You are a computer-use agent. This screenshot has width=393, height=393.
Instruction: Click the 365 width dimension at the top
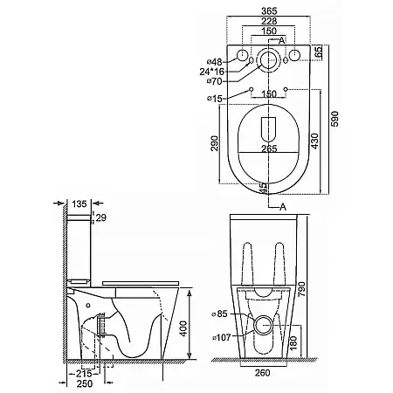269,11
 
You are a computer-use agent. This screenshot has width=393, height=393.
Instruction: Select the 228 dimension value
269,21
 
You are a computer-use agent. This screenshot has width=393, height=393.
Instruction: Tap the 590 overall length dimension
335,119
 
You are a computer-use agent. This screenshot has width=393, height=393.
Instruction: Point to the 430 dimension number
314,141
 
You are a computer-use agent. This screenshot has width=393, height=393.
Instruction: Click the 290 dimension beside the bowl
214,143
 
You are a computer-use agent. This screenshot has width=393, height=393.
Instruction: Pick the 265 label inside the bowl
269,148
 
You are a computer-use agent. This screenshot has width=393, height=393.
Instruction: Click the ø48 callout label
215,62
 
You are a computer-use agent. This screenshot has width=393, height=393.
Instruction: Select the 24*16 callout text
212,72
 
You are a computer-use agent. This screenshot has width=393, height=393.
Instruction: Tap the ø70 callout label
215,81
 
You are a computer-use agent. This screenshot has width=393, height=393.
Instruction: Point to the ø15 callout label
215,99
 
